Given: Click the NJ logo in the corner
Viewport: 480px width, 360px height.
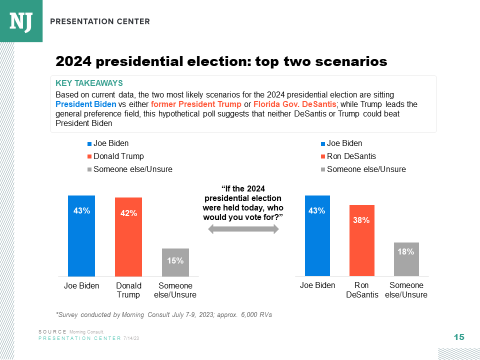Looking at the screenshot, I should (x=21, y=21).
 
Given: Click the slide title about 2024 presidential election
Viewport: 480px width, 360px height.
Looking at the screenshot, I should (x=221, y=61).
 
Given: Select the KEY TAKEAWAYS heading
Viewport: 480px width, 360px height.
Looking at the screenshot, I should (x=89, y=83).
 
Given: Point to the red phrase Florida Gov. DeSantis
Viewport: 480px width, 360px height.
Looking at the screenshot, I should (x=294, y=104).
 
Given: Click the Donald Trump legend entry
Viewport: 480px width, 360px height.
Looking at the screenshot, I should (x=118, y=156).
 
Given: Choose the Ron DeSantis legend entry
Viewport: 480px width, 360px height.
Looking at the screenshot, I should (x=351, y=156).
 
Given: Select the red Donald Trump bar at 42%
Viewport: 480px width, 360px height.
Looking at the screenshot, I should (x=128, y=236).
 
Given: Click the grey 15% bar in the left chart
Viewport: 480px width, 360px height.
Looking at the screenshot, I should (x=175, y=262).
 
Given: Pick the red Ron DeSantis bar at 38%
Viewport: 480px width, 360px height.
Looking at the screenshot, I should (x=362, y=240).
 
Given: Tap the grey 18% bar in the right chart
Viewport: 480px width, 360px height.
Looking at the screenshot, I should (x=405, y=259).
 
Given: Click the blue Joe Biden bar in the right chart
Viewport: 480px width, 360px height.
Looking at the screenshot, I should (x=317, y=235).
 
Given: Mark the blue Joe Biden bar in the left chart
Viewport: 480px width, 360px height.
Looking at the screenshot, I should (x=81, y=235).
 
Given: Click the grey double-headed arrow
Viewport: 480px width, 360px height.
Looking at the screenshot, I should (x=243, y=229).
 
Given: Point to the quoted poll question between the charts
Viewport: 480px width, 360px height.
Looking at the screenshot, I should (x=243, y=202).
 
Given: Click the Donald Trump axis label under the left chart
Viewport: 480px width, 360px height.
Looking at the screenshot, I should (x=128, y=290).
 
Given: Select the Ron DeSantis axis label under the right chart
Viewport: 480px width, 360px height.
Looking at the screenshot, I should (x=362, y=290).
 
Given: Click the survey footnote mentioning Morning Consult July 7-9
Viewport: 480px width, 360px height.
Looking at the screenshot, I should (x=163, y=314).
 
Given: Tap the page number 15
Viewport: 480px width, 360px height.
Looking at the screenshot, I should (x=458, y=337).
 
